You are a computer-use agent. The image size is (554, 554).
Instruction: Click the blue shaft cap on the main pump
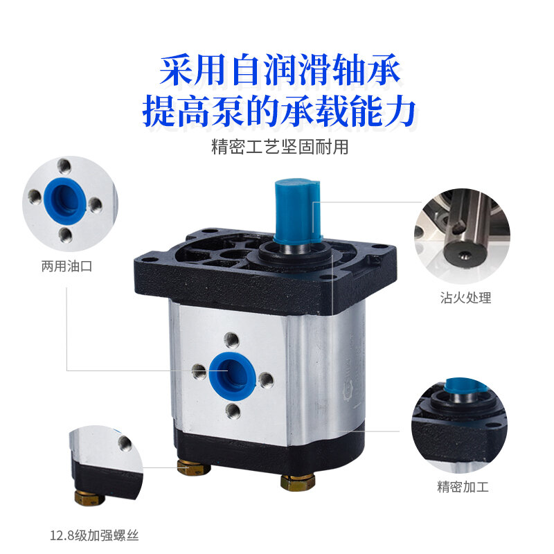pyautogui.click(x=297, y=211)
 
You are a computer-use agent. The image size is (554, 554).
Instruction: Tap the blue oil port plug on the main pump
pyautogui.click(x=232, y=375)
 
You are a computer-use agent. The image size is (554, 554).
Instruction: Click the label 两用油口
pyautogui.click(x=66, y=266)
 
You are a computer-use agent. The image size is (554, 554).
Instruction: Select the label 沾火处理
pyautogui.click(x=465, y=298)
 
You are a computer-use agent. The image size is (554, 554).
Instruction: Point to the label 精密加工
pyautogui.click(x=463, y=487)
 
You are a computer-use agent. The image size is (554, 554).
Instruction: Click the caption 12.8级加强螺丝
pyautogui.click(x=94, y=535)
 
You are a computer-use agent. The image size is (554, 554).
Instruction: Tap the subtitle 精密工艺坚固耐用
pyautogui.click(x=280, y=147)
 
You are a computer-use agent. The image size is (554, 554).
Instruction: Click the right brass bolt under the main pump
pyautogui.click(x=298, y=482)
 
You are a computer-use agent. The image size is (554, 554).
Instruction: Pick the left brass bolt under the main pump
pyautogui.click(x=194, y=467)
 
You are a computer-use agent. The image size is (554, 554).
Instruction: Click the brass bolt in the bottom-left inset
pyautogui.click(x=89, y=497)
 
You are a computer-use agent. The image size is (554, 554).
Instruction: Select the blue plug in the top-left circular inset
pyautogui.click(x=65, y=199)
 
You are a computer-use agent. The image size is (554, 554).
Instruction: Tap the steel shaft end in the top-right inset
pyautogui.click(x=463, y=255)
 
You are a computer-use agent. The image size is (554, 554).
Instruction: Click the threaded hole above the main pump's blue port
pyautogui.click(x=232, y=341)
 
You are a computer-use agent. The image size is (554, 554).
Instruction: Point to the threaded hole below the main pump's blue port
pyautogui.click(x=233, y=411)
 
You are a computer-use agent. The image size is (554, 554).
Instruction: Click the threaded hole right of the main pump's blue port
pyautogui.click(x=266, y=380)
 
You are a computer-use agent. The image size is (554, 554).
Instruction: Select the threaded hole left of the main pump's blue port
pyautogui.click(x=199, y=372)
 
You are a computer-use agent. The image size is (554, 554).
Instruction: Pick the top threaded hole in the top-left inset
pyautogui.click(x=64, y=166)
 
